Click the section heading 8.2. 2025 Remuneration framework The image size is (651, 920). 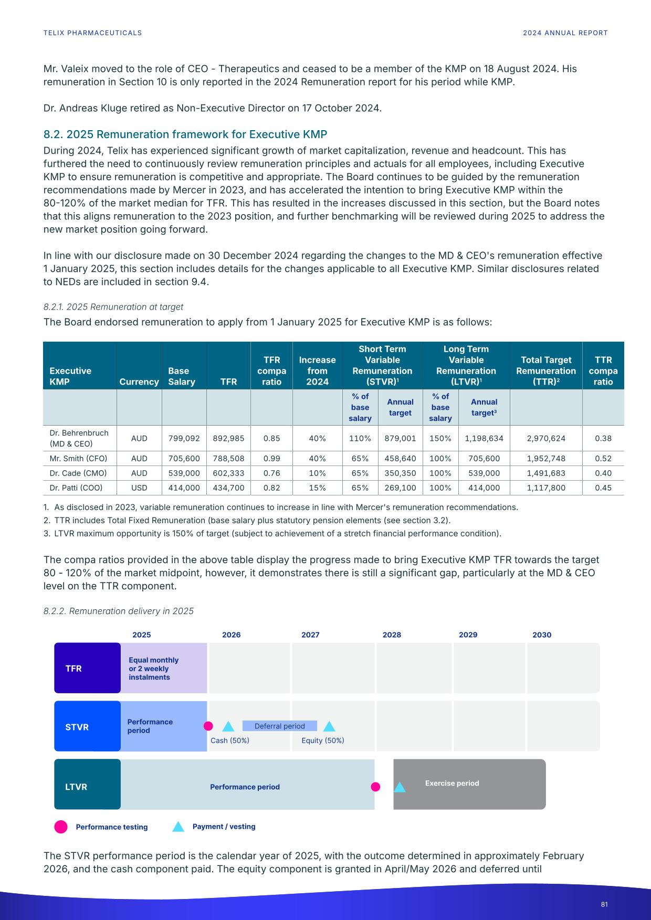(185, 134)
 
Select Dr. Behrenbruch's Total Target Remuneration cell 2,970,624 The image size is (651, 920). (546, 438)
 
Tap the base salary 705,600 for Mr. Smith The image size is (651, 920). (184, 458)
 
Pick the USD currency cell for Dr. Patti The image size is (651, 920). (139, 488)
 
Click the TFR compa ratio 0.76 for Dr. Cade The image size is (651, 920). (271, 473)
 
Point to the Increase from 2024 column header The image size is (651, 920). (317, 371)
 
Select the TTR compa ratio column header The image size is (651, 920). (603, 371)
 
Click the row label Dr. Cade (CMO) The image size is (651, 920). (78, 473)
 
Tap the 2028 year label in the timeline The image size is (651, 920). (392, 635)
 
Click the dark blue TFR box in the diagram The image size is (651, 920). (87, 668)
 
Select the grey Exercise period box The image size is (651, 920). (469, 784)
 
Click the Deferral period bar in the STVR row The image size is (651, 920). (279, 726)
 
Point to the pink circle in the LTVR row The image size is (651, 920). (375, 787)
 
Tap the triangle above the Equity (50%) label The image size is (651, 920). (329, 727)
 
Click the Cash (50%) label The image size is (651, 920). (230, 741)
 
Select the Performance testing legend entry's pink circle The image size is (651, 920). (61, 827)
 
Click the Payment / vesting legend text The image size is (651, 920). (224, 827)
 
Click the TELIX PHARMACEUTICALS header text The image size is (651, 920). (92, 33)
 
